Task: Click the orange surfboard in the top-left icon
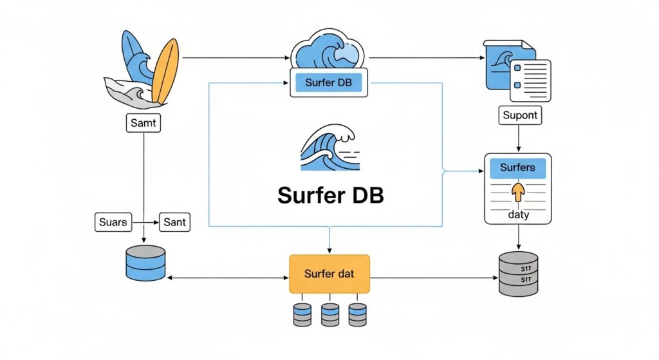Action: pos(165,71)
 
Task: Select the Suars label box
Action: pos(113,222)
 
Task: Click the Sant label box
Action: pos(174,222)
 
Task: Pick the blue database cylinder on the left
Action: pos(144,263)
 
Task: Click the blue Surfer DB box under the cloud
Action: pos(328,83)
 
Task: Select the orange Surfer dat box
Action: pos(329,274)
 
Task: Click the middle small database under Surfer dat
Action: pos(329,314)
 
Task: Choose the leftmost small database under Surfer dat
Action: pos(302,314)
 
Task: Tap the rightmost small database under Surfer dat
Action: pos(357,314)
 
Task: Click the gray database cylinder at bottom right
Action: pos(518,274)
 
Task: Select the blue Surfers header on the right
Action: pos(517,168)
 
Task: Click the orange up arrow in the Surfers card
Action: pos(517,192)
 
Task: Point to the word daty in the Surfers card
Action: pos(517,214)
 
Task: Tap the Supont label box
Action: pos(520,116)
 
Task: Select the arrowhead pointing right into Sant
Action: pos(156,222)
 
